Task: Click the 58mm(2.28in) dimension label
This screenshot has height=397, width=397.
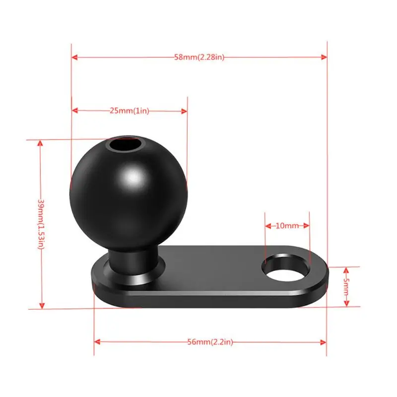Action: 199,58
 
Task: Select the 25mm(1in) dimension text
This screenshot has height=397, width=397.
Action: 129,111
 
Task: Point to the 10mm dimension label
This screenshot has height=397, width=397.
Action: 287,226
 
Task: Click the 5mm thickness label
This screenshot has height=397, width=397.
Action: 346,286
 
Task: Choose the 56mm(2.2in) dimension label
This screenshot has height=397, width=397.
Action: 210,342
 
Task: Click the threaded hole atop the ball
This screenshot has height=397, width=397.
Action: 125,145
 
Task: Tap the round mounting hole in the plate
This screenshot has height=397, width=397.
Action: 287,269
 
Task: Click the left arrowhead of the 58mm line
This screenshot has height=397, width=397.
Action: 74,58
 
